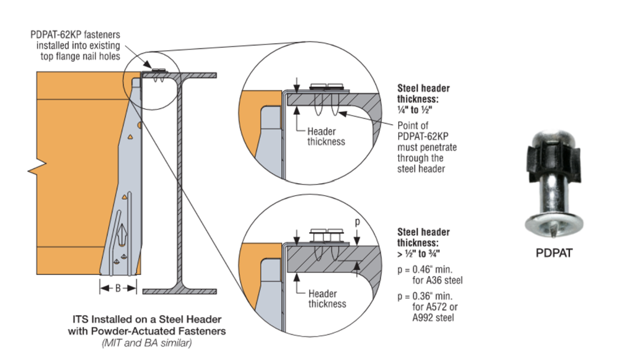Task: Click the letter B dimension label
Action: click(x=118, y=288)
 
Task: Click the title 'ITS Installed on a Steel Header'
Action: click(x=147, y=320)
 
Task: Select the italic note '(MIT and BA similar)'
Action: click(x=147, y=342)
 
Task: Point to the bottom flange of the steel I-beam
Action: click(x=180, y=291)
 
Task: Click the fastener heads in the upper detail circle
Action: click(x=327, y=86)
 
